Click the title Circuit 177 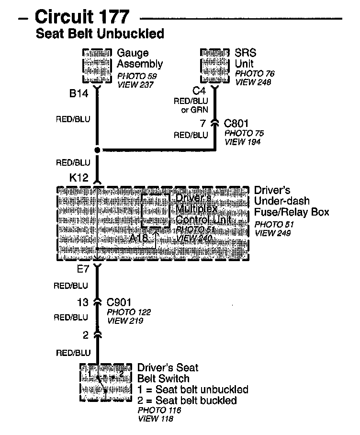(82, 17)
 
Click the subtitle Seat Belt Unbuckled (100, 34)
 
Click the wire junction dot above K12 (97, 150)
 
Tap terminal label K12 (79, 178)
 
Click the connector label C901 (119, 302)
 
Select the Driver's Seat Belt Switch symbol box (105, 382)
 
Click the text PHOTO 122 (129, 312)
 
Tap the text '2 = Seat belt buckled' (187, 400)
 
